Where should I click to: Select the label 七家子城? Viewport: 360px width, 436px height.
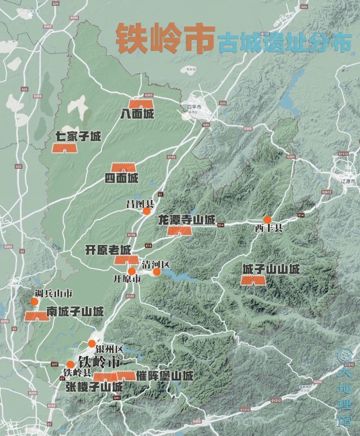pyautogui.click(x=78, y=136)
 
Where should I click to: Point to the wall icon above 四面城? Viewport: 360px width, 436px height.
pyautogui.click(x=123, y=167)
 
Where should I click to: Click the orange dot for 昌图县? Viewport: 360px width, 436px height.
pyautogui.click(x=146, y=211)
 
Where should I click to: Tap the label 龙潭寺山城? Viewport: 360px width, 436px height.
pyautogui.click(x=186, y=220)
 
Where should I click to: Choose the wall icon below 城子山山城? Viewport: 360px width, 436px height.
pyautogui.click(x=253, y=280)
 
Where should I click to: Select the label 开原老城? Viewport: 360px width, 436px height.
pyautogui.click(x=108, y=250)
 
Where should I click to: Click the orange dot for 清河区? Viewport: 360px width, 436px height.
pyautogui.click(x=157, y=272)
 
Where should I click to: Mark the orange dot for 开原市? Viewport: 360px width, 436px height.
pyautogui.click(x=132, y=271)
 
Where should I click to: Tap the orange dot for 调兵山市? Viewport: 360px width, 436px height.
pyautogui.click(x=34, y=302)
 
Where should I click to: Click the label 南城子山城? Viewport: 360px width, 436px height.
pyautogui.click(x=75, y=311)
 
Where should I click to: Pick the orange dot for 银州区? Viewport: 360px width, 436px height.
pyautogui.click(x=92, y=344)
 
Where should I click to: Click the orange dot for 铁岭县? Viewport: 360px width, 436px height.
pyautogui.click(x=70, y=364)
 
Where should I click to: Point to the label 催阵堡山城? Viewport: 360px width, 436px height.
pyautogui.click(x=165, y=376)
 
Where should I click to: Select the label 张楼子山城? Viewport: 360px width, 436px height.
pyautogui.click(x=94, y=387)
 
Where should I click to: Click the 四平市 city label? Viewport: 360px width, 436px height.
pyautogui.click(x=194, y=107)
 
